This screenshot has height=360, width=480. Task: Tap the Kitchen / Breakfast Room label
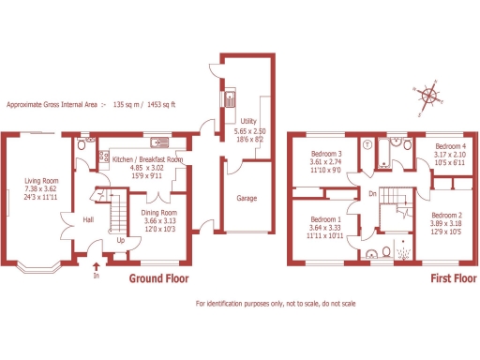[x=147, y=160]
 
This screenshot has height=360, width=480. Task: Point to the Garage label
[x=247, y=199]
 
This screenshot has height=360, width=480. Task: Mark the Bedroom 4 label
[x=450, y=146]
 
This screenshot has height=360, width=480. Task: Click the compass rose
[x=427, y=95]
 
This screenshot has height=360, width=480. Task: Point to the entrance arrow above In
[x=95, y=265]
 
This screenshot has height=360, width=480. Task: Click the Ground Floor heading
[x=158, y=279]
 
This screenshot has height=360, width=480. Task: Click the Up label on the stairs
[x=119, y=239]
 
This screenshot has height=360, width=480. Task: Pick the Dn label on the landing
[x=372, y=193]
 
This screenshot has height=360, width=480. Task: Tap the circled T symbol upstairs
[x=367, y=145]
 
